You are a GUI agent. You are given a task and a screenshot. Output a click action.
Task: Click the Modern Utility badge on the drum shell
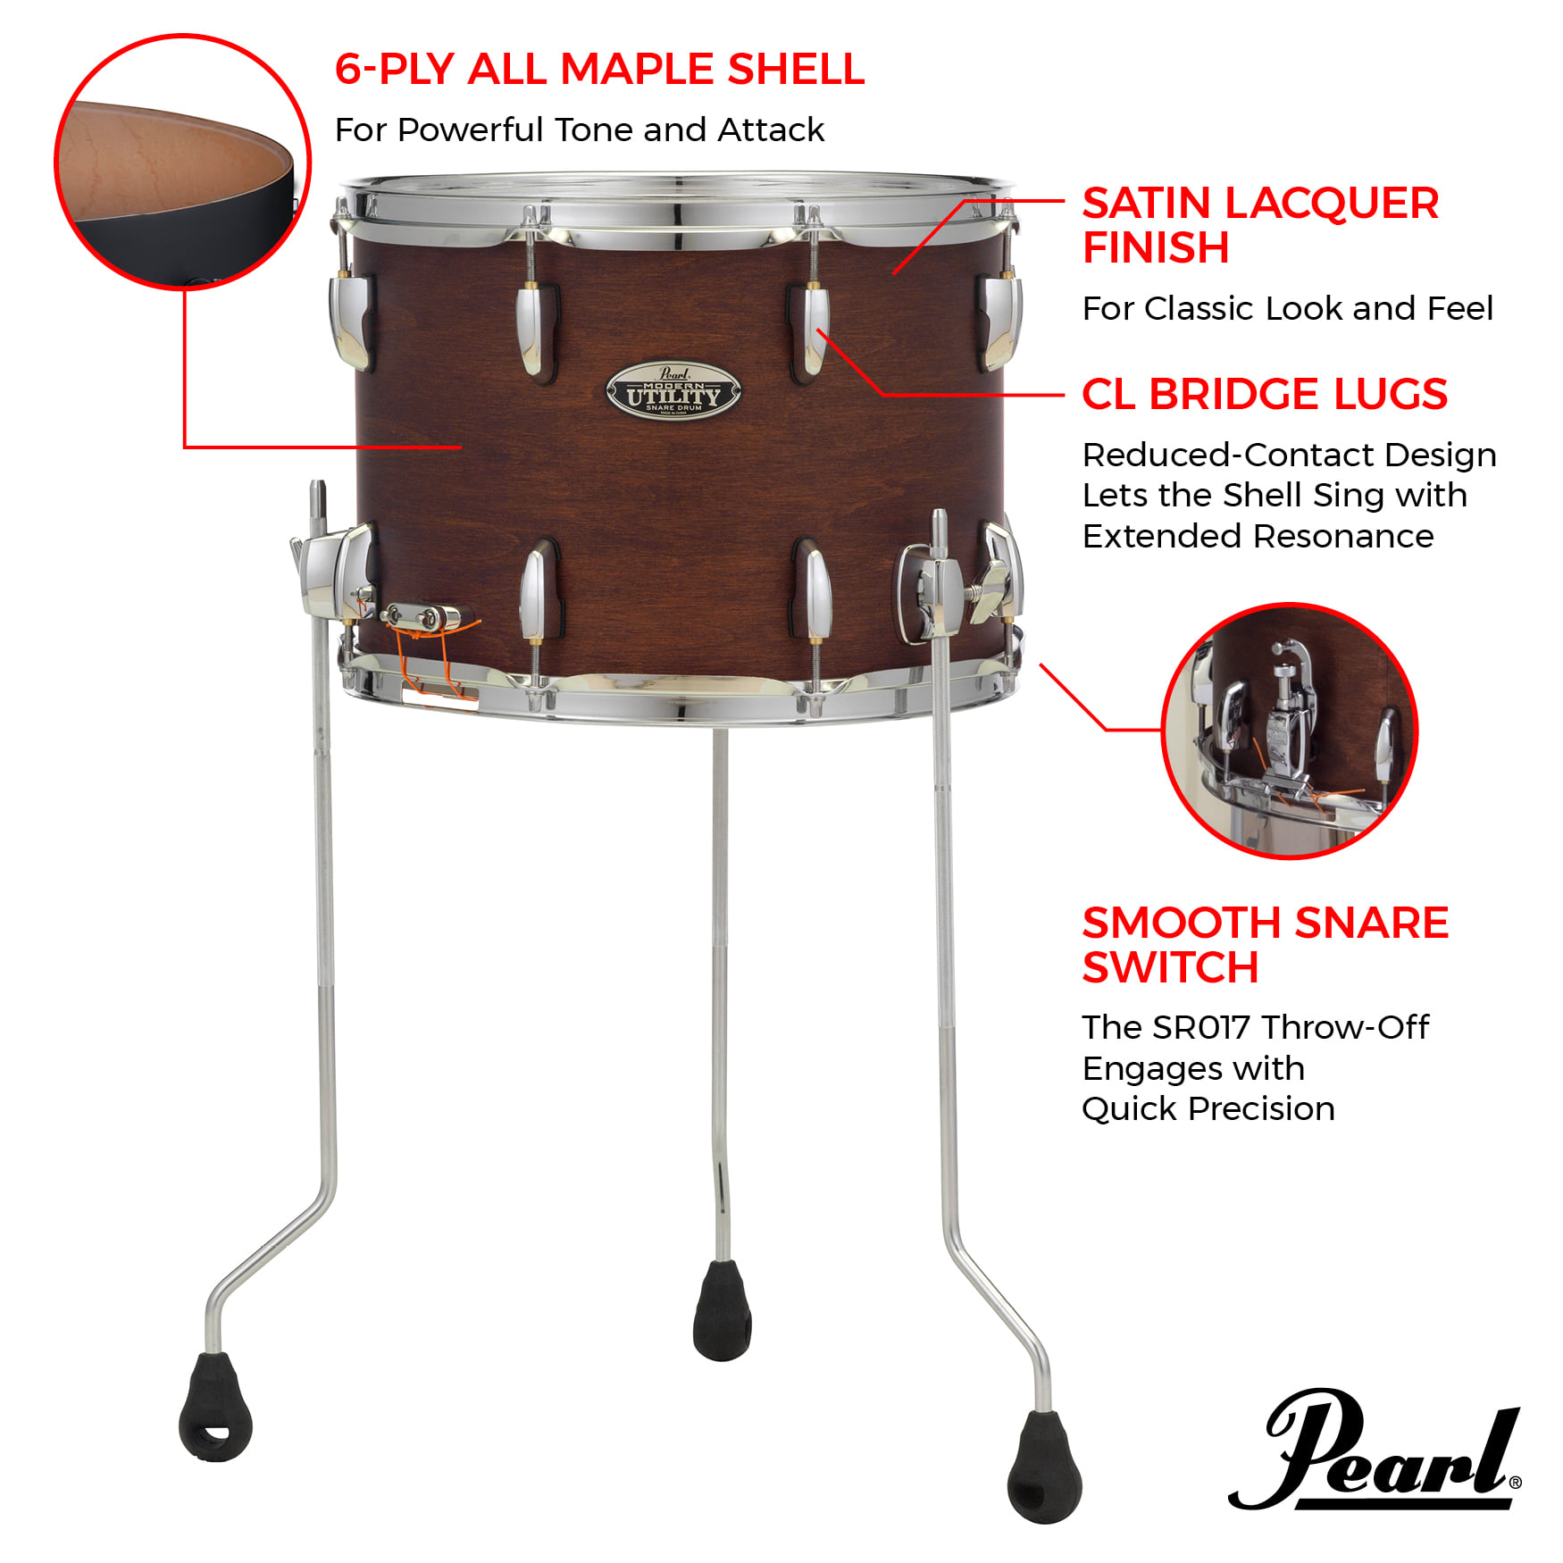point(673,391)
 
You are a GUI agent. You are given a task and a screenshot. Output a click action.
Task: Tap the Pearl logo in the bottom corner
point(1375,1449)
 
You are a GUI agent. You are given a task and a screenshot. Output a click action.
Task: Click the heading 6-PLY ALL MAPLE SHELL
point(599,69)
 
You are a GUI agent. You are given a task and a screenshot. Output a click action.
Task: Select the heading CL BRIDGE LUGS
point(1264,394)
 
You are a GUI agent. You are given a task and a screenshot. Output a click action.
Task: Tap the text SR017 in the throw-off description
point(1201,1027)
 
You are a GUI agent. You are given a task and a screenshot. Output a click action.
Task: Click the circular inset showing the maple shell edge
point(183,162)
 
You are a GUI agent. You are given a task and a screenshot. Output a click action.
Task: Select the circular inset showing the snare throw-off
point(1289,731)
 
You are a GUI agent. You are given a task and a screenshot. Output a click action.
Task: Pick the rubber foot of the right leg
point(1044,1466)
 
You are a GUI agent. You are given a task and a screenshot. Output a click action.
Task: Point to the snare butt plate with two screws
point(420,616)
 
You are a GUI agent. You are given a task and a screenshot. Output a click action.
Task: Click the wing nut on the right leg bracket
point(990,589)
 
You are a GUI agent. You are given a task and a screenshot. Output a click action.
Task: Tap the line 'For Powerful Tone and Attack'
point(579,130)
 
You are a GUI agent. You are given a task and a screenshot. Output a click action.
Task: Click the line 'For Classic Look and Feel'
point(1287,308)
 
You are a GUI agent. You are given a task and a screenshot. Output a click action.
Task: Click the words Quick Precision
point(1208,1108)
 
